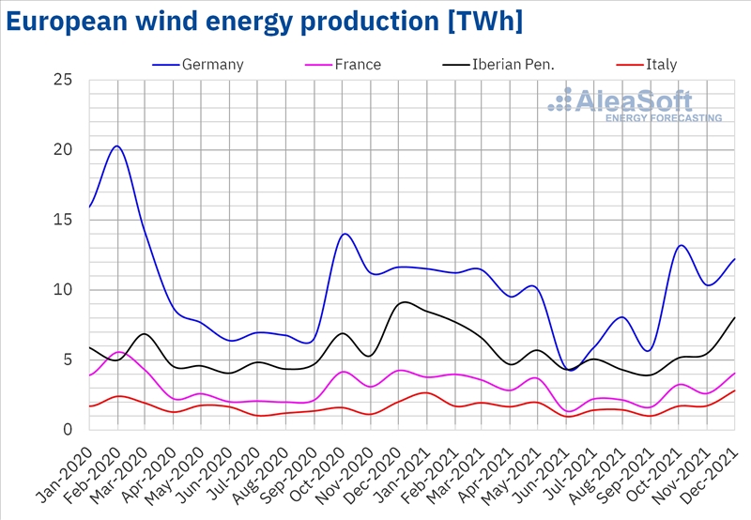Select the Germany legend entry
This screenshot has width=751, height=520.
pyautogui.click(x=212, y=65)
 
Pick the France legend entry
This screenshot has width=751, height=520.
pyautogui.click(x=358, y=65)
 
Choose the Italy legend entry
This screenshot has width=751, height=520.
pyautogui.click(x=661, y=65)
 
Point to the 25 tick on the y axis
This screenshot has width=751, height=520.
pyautogui.click(x=63, y=80)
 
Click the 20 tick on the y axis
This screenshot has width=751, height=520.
pyautogui.click(x=63, y=150)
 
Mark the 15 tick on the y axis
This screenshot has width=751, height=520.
pyautogui.click(x=63, y=220)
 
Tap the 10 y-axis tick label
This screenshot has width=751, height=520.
pyautogui.click(x=63, y=290)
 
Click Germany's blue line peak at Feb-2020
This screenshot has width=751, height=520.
pyautogui.click(x=116, y=145)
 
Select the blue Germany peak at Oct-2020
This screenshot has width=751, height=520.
pyautogui.click(x=345, y=234)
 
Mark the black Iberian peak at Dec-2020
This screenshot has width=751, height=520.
pyautogui.click(x=403, y=302)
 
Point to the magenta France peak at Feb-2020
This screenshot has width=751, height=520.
pyautogui.click(x=117, y=352)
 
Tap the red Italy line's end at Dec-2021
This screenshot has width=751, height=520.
pyautogui.click(x=734, y=390)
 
